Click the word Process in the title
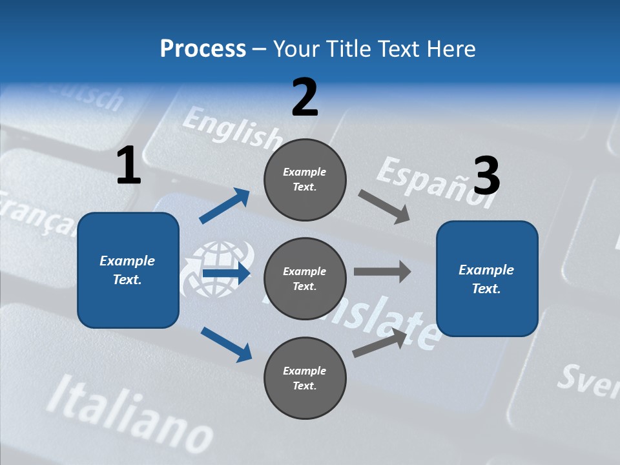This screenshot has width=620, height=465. [x=203, y=49]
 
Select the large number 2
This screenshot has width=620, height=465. [x=305, y=98]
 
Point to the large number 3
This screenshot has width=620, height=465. [x=486, y=176]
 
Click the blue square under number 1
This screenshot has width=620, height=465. [x=128, y=270]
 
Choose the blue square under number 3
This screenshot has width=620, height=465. [x=487, y=278]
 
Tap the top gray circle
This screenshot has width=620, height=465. [x=305, y=179]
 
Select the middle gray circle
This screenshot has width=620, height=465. [x=305, y=278]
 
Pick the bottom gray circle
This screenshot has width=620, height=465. [x=305, y=378]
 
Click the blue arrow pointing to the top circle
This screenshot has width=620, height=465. [x=225, y=206]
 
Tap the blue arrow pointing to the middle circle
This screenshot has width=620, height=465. [x=225, y=273]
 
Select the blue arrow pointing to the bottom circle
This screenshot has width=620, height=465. [x=226, y=344]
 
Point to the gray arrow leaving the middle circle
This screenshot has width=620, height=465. [x=382, y=272]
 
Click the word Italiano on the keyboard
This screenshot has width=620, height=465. [x=129, y=413]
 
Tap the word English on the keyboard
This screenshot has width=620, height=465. [x=231, y=127]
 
